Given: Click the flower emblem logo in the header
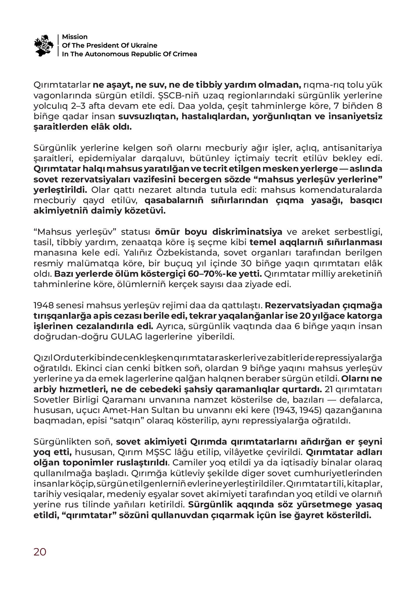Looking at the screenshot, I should [x=44, y=45].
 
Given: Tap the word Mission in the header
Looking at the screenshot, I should [x=74, y=37].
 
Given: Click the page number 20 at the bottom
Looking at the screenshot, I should [x=40, y=552].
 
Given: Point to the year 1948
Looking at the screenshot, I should [x=43, y=305].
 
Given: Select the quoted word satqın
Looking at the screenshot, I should [x=113, y=420].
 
